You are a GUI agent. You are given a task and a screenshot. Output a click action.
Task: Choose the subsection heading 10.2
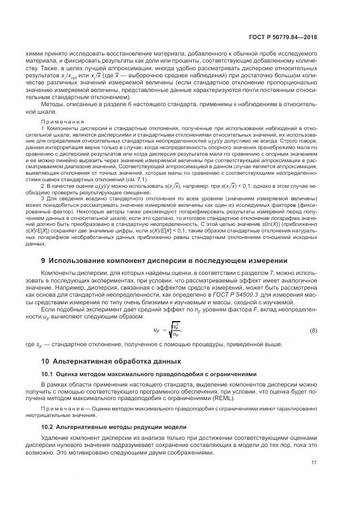click(114, 426)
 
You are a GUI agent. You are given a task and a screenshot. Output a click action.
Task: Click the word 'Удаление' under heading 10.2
click(56, 438)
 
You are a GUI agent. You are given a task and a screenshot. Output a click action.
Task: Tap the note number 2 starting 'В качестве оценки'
click(43, 186)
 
